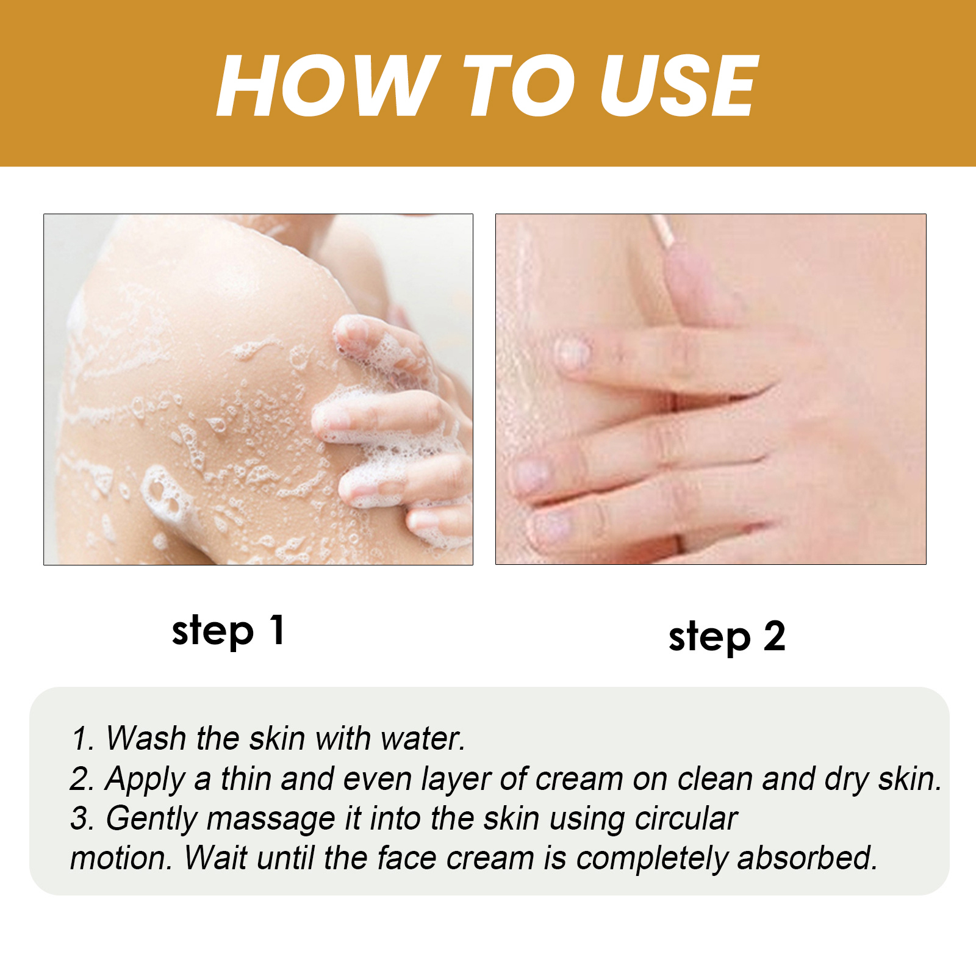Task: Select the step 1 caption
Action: click(228, 631)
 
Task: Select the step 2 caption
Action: click(727, 637)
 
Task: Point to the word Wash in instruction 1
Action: click(146, 738)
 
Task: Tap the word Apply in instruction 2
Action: click(145, 780)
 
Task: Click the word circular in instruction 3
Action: click(686, 818)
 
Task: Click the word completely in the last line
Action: click(651, 859)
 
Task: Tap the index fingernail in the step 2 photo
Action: click(574, 353)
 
